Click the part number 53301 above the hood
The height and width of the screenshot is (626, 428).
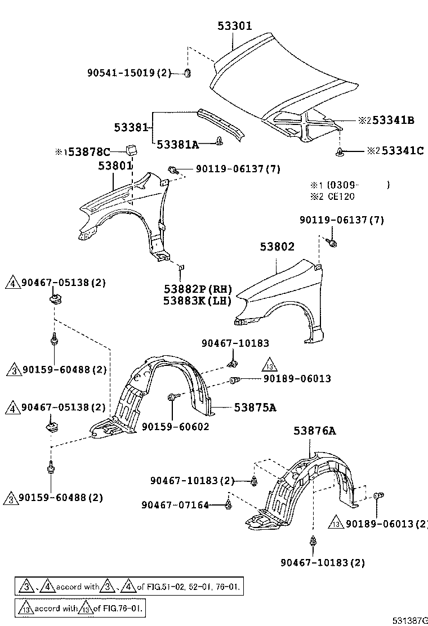click(235, 26)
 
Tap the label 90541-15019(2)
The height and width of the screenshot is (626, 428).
click(128, 73)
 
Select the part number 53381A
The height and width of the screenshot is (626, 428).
click(178, 144)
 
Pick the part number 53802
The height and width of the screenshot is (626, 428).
click(277, 247)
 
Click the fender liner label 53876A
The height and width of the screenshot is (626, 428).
click(314, 431)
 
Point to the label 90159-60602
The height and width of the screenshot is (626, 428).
click(175, 426)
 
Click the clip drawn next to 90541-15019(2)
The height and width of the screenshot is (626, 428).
click(189, 73)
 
